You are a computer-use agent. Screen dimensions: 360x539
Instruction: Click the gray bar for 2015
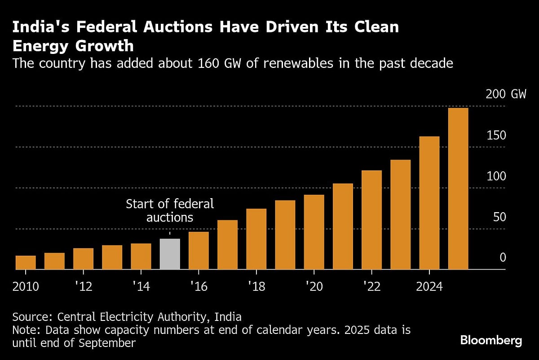coord(170,254)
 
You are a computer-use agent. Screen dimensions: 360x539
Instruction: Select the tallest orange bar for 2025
coord(458,189)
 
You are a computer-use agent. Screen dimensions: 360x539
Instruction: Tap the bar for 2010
coord(26,262)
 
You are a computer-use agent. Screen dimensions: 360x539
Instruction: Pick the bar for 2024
coord(429,203)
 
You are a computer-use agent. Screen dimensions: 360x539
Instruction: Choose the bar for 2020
coord(314,232)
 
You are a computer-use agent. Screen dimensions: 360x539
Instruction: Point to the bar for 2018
coord(256,239)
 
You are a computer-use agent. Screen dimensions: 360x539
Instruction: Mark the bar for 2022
coord(371,220)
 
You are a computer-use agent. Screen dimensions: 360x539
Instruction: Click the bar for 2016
coord(199,250)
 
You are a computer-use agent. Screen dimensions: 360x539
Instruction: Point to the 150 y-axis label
coord(496,135)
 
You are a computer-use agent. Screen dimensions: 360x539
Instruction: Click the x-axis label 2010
coord(26,287)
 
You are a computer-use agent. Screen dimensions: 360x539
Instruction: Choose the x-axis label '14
coord(141,287)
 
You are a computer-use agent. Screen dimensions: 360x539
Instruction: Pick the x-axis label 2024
coord(429,287)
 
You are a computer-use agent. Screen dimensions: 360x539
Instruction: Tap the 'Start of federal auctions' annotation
coord(170,211)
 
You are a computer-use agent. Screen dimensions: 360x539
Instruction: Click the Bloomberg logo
coord(491,340)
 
